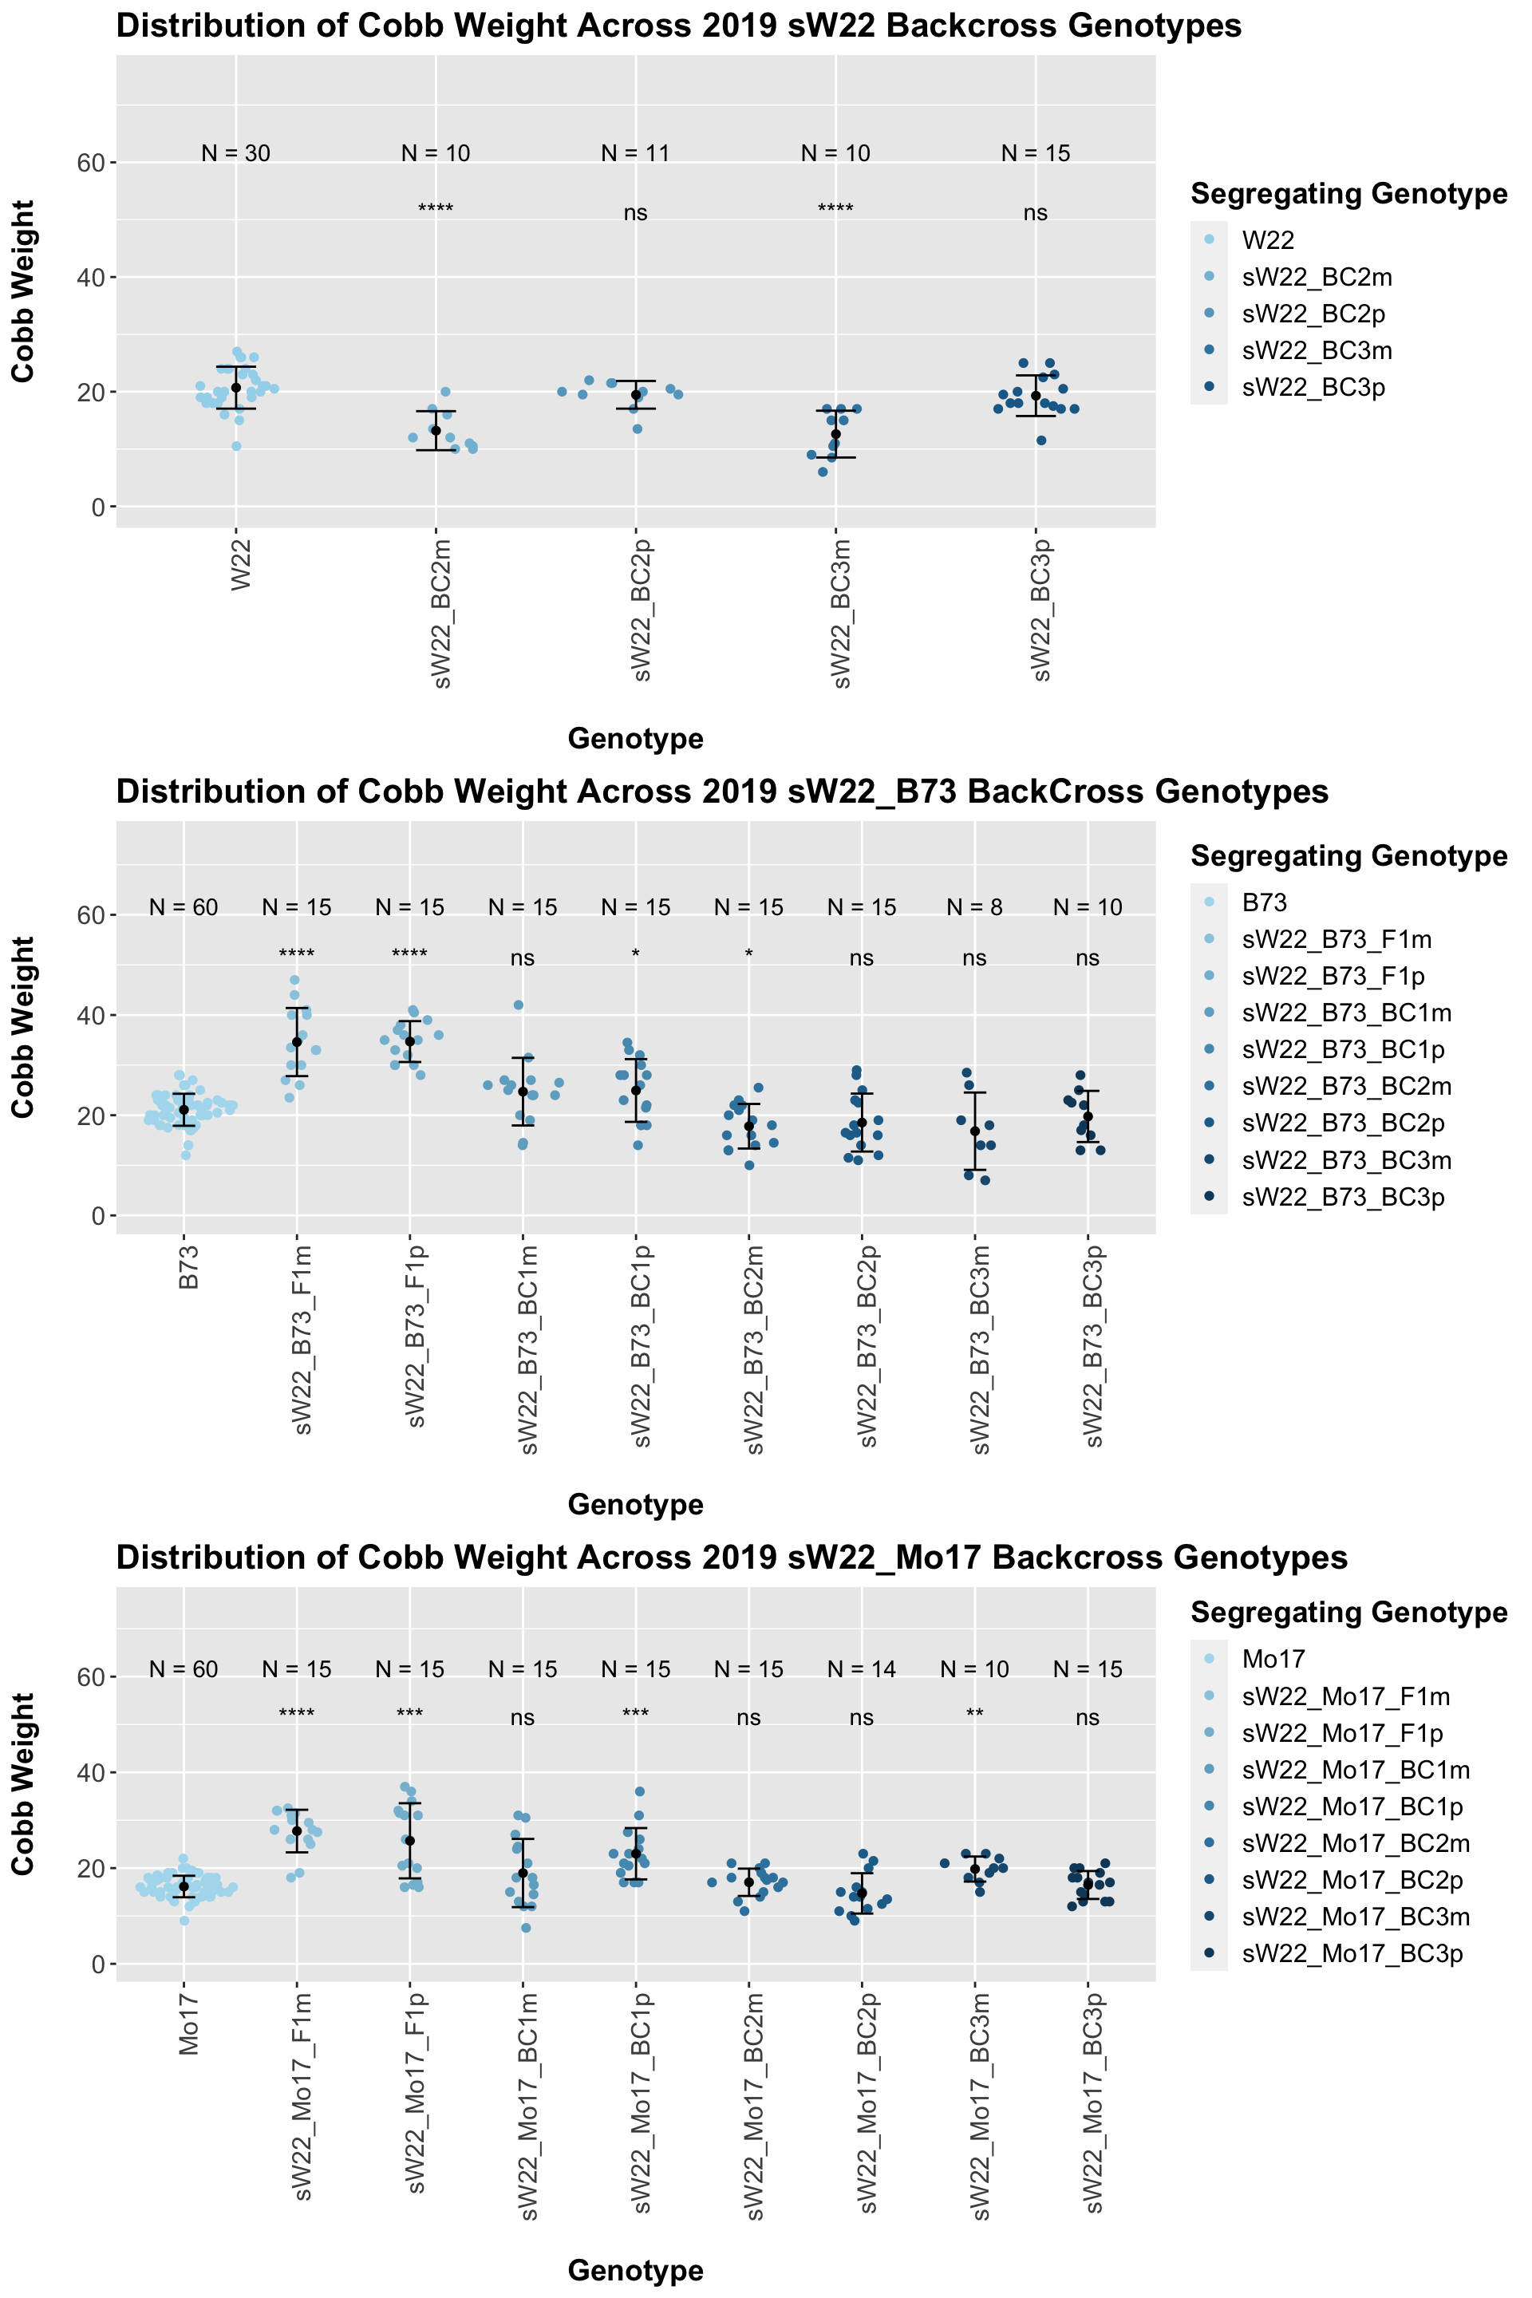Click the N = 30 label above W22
235,153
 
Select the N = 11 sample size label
635,153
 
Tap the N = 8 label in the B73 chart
974,908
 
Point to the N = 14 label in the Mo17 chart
861,1670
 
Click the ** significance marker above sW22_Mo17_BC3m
974,1715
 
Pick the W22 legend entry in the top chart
1267,240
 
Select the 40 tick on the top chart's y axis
91,278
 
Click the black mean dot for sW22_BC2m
436,431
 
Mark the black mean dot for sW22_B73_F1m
297,1041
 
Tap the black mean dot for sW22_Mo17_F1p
410,1842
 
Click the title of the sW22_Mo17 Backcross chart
732,1557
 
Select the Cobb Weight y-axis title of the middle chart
22,1028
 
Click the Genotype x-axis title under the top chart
635,739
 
